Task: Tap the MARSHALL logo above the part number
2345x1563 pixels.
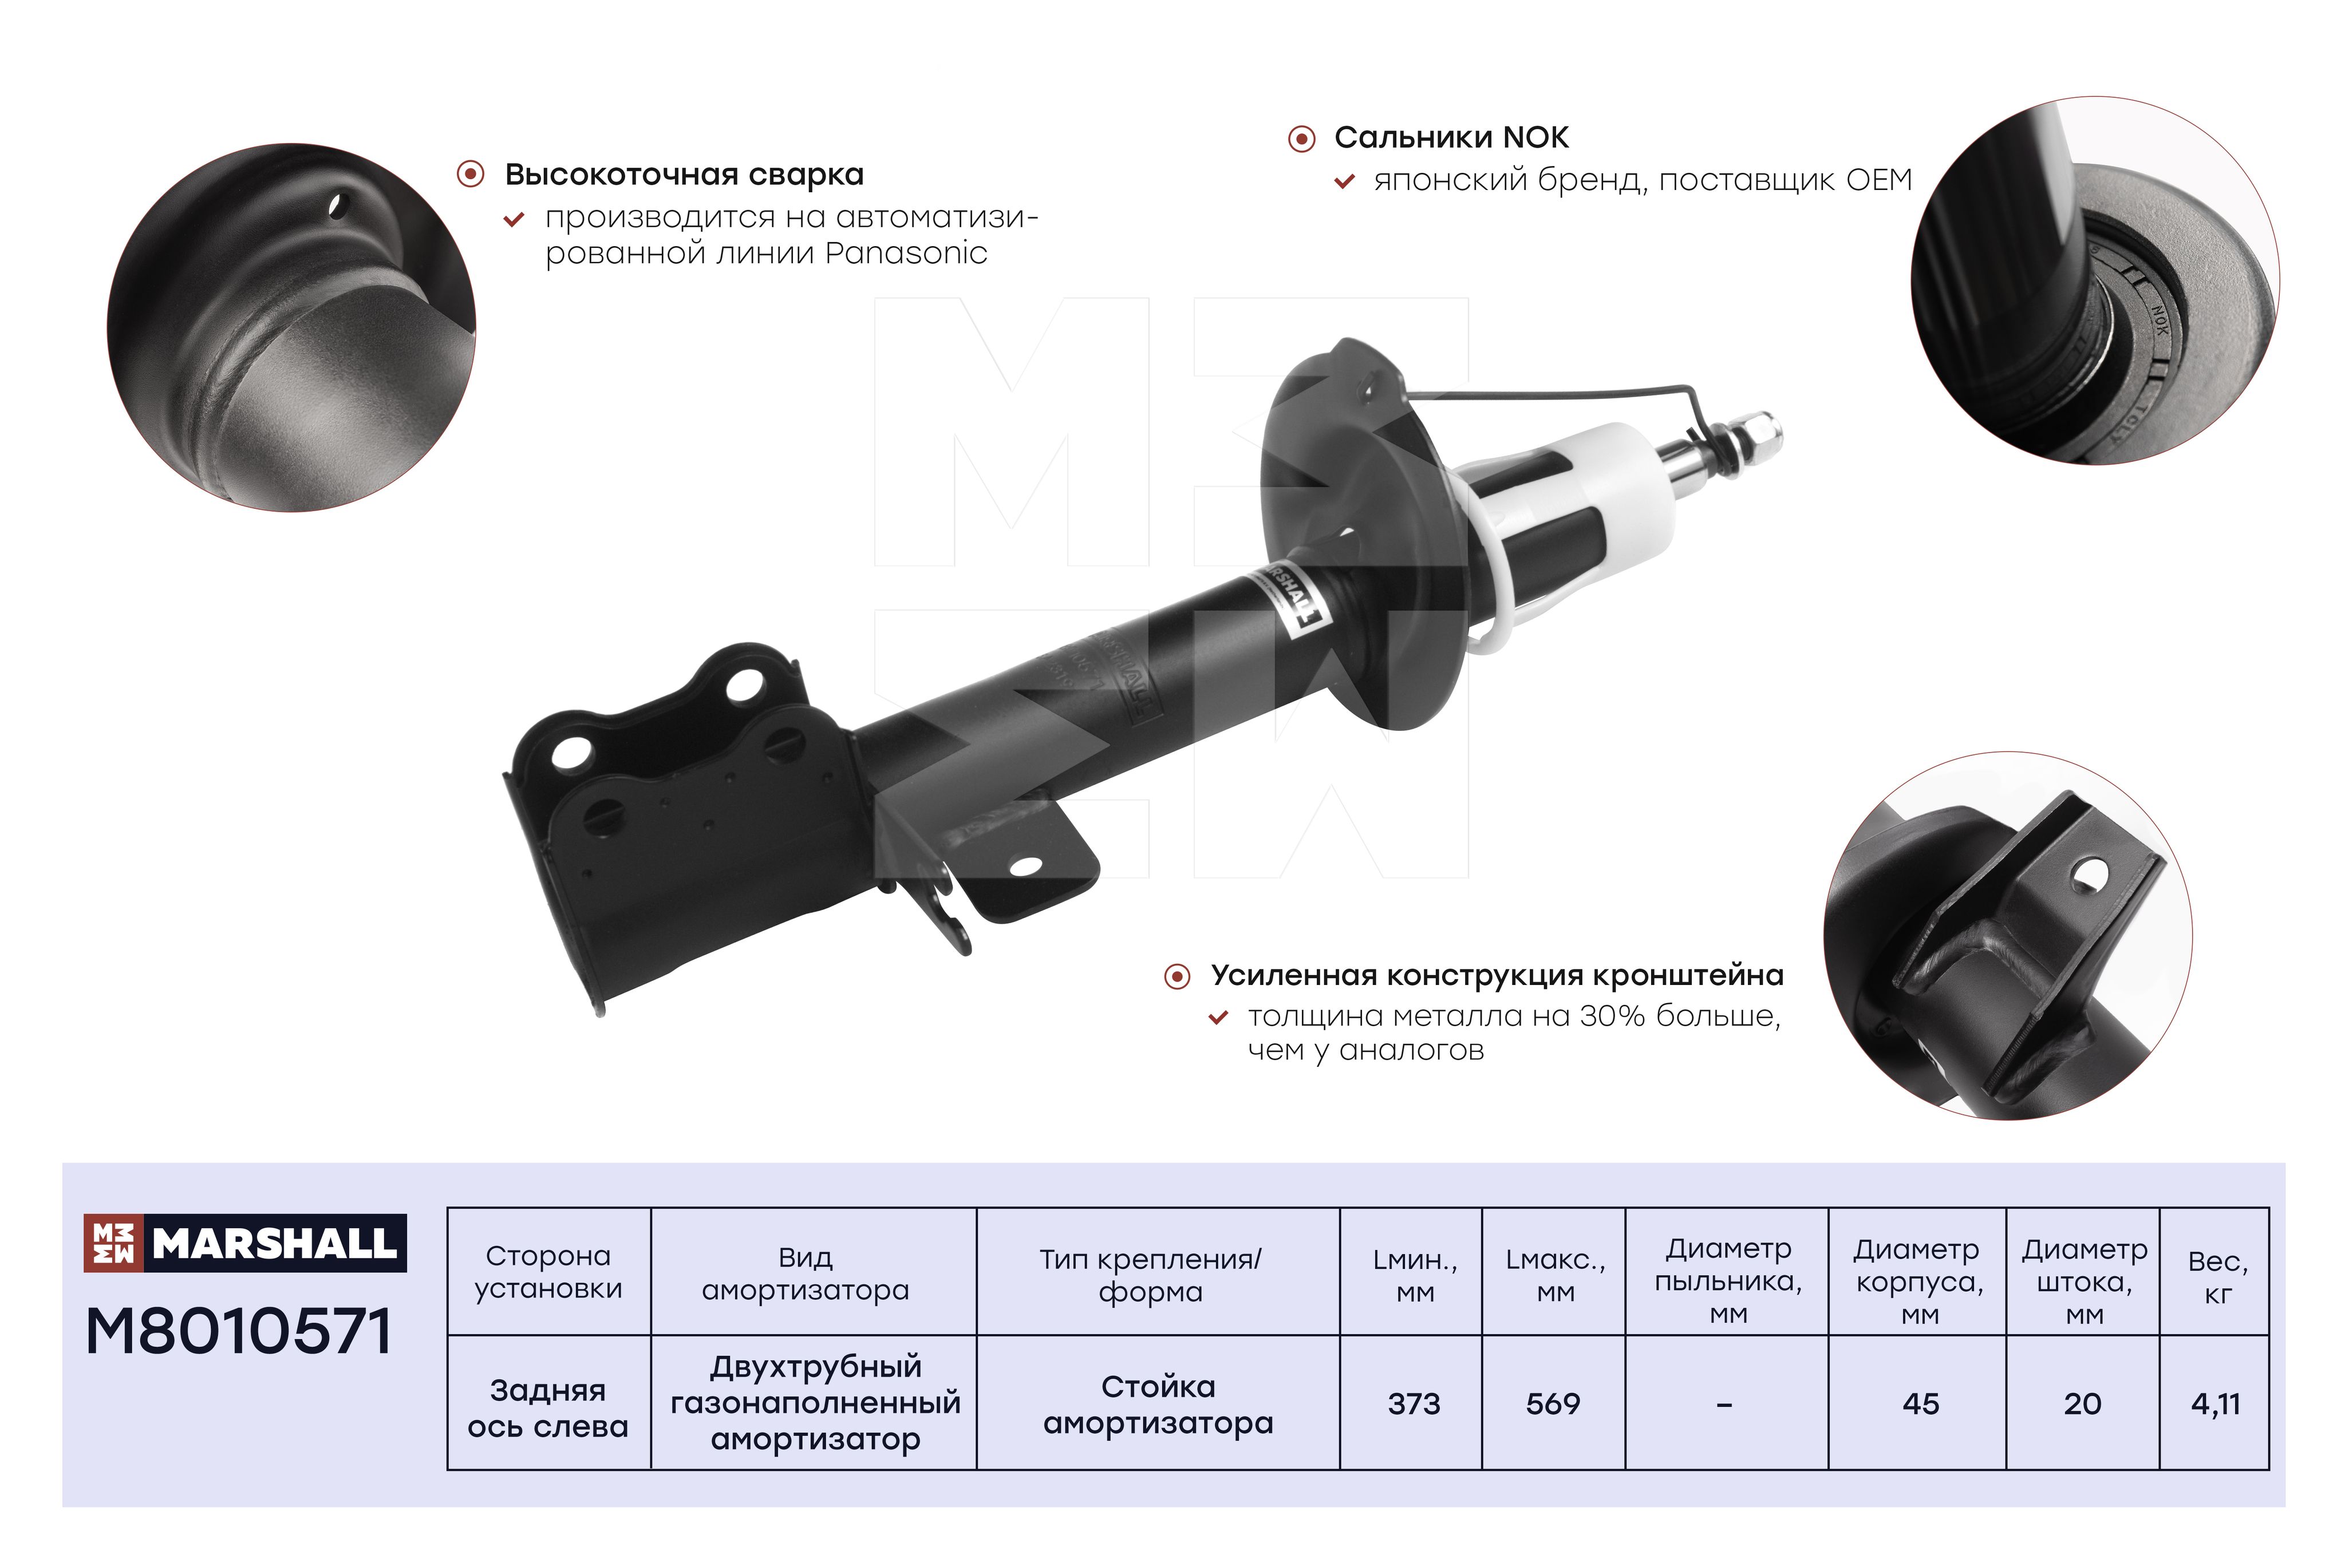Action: coord(245,1243)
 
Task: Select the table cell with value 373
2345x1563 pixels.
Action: coord(1414,1403)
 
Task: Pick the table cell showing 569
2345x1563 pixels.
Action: coord(1553,1403)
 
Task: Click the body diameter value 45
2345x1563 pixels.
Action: coord(1920,1403)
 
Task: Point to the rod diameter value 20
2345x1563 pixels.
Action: coord(2083,1403)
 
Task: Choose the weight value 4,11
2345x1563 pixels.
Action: coord(2216,1403)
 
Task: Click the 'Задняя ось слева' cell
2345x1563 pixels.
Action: coord(548,1407)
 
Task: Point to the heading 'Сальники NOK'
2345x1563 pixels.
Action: coord(1452,137)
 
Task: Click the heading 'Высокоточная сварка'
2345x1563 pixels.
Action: coord(684,175)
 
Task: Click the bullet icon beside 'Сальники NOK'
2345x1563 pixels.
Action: coord(1301,139)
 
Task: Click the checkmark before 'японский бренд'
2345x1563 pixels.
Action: coord(1344,181)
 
